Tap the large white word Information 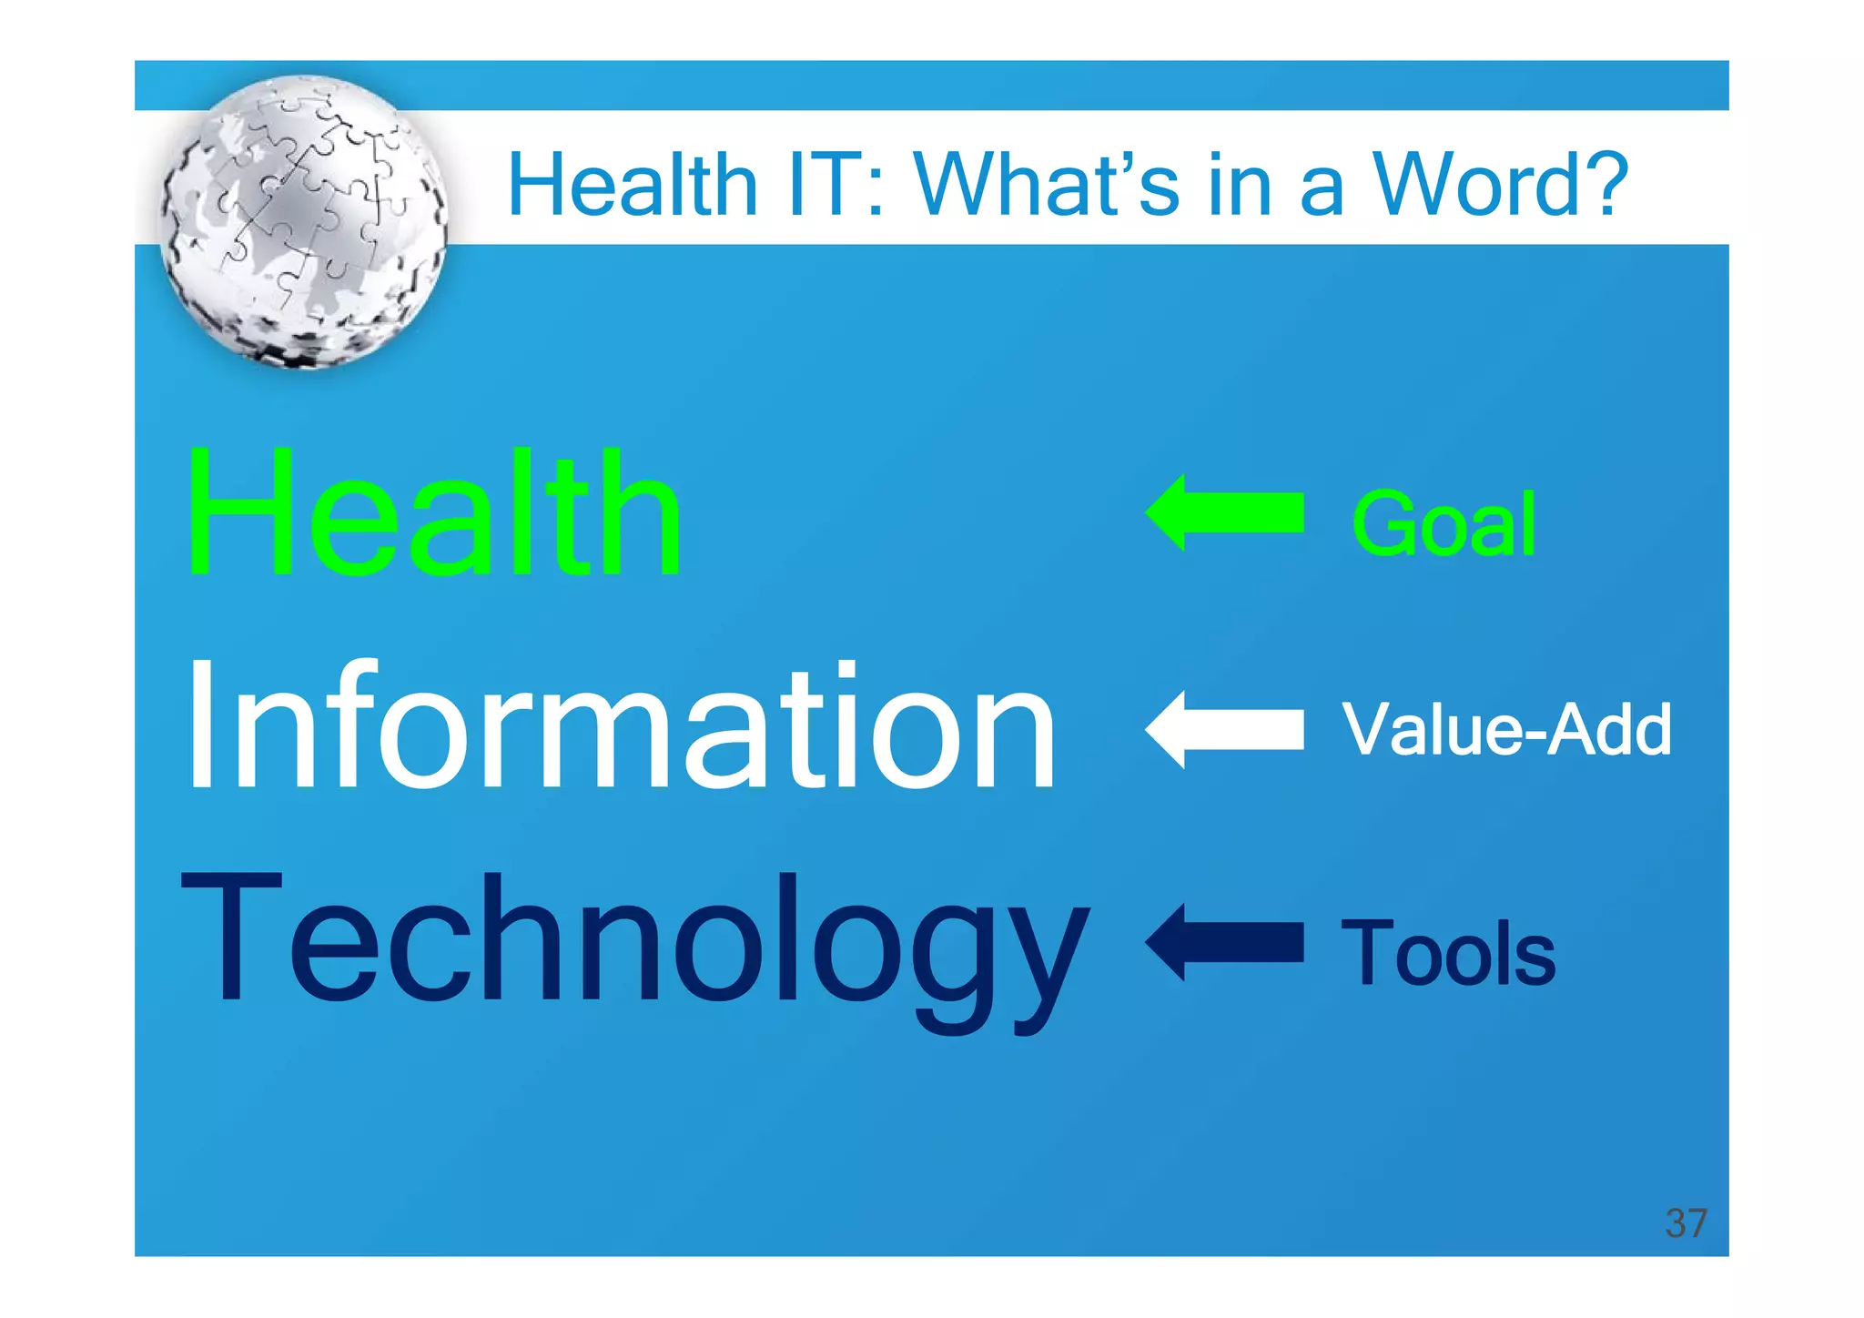(x=620, y=727)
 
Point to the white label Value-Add (x=1506, y=729)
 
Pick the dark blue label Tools (x=1448, y=953)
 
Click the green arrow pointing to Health (x=1224, y=512)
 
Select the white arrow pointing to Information (x=1224, y=729)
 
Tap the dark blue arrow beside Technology (x=1224, y=942)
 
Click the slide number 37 (x=1686, y=1223)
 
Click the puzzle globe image (x=304, y=221)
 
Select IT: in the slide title (x=836, y=185)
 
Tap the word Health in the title (x=633, y=185)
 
